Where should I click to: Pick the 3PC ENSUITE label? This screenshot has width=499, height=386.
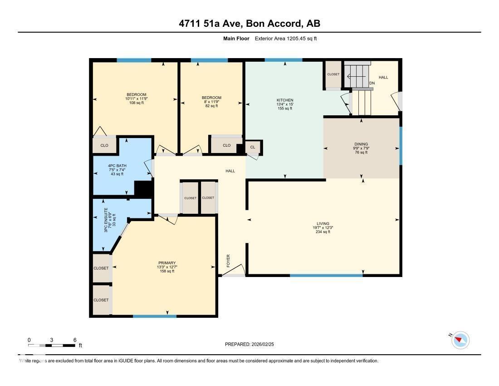coord(106,220)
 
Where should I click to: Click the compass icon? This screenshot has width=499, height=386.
coord(461,340)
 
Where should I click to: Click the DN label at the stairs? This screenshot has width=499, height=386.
coord(372,83)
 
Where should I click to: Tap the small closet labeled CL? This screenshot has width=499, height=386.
coord(253,147)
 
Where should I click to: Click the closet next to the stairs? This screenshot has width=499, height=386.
coord(333,74)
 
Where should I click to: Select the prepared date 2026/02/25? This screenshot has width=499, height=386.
coord(249,344)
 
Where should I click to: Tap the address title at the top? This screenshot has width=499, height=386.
coord(249,24)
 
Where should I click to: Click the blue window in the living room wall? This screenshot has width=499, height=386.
coord(326,275)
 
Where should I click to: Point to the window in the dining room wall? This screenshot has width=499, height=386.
coord(401,146)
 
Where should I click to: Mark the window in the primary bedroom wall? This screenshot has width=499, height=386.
coord(155,316)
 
